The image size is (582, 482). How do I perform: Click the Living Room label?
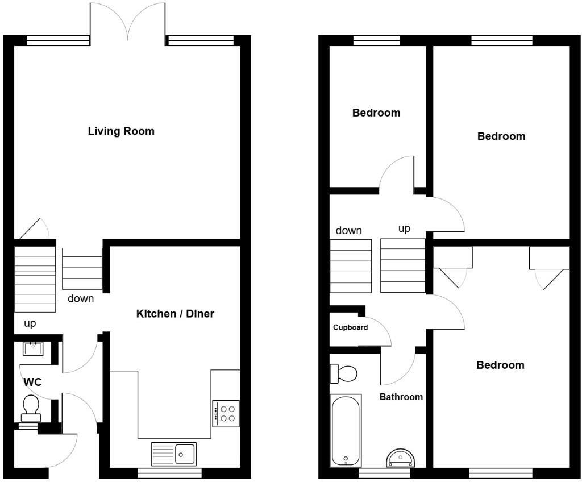point(121,131)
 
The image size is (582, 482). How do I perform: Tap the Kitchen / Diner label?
point(175,314)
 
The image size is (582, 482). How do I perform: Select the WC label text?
point(32,383)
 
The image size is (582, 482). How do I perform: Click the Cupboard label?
point(350,327)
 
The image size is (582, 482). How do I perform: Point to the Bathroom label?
point(401,397)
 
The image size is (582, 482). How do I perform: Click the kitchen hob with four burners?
point(226,413)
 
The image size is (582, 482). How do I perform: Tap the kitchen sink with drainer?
point(173,454)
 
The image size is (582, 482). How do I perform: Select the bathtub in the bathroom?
point(345,430)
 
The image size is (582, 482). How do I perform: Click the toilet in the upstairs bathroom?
point(344,374)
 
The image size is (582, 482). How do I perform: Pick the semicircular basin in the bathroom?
point(401,458)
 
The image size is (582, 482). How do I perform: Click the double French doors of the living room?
point(128,22)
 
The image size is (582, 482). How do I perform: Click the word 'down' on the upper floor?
point(348,230)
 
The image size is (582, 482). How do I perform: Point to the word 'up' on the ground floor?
point(30,323)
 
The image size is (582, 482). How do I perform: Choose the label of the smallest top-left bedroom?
point(376,113)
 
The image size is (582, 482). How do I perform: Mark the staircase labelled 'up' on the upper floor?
point(403,265)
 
